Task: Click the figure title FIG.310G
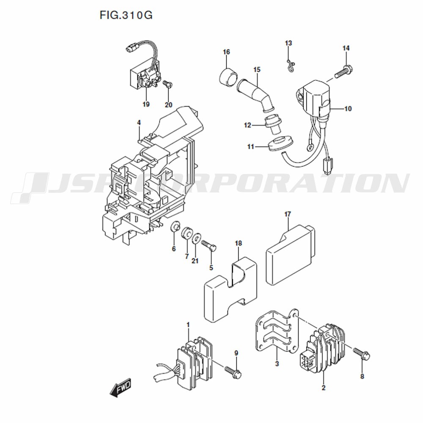[126, 15]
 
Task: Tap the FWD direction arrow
[120, 387]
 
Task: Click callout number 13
[288, 43]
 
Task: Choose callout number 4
[139, 123]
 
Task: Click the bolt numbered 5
[209, 245]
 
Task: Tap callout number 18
[239, 243]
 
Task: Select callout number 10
[348, 109]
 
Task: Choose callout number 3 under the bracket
[277, 364]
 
